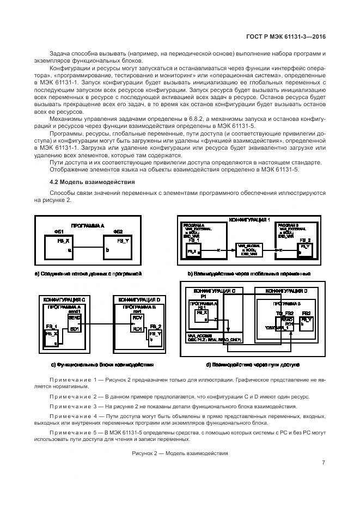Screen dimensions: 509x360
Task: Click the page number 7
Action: point(324,463)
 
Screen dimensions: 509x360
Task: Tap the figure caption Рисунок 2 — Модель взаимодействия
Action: point(180,453)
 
